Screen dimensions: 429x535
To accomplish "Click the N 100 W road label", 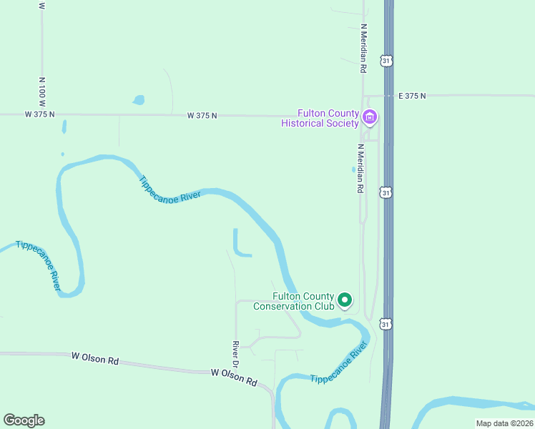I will click(42, 89).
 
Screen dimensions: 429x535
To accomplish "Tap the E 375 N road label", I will click(412, 95).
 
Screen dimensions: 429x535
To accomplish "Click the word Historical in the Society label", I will click(308, 123).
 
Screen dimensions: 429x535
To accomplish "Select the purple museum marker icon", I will click(370, 117).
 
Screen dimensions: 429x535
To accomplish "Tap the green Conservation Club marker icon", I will click(345, 300).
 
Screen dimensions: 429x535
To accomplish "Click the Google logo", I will click(24, 420).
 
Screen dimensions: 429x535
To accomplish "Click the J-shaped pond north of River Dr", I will click(238, 245).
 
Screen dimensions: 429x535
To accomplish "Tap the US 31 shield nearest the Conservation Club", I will click(386, 324).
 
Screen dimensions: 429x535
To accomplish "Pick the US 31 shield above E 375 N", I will click(386, 61).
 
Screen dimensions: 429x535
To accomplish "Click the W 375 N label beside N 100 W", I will click(39, 114).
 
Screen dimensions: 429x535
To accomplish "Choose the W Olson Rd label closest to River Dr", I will click(234, 377).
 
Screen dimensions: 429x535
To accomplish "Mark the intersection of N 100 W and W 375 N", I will click(42, 114).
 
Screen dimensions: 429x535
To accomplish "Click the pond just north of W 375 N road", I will click(138, 100).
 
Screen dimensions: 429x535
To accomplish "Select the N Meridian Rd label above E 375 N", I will click(363, 48).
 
